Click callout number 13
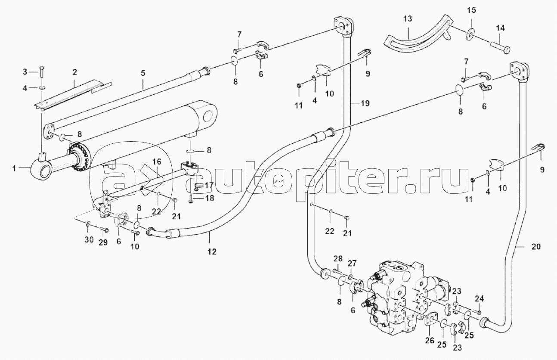coord(408,19)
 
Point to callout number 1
coord(15,169)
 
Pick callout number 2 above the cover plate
coord(74,72)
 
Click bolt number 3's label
coord(25,72)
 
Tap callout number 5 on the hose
coord(143,73)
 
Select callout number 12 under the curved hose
coord(212,251)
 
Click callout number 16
coord(157,162)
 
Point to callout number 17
coord(209,185)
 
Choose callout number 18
coord(209,198)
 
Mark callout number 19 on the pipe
coord(365,103)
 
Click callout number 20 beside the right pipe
coord(536,247)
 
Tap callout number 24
coord(480,299)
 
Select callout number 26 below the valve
coord(430,340)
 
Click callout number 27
coord(352,263)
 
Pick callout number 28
coord(338,259)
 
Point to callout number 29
coord(103,242)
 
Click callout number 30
coord(89,239)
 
